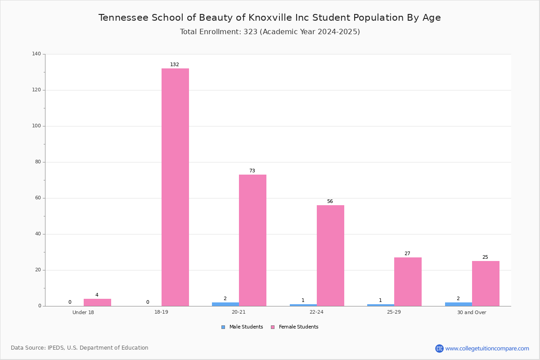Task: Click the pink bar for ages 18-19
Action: coord(175,187)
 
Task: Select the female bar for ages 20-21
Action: coord(252,240)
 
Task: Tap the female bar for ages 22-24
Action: coord(330,256)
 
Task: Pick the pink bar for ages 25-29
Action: coord(408,282)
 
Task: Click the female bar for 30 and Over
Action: coord(486,283)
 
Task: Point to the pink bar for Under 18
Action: coord(97,302)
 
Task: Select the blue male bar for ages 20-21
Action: coord(225,304)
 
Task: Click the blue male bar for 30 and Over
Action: coord(459,304)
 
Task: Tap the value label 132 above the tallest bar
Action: coord(175,64)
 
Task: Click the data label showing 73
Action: coord(252,171)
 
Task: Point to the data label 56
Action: coord(330,201)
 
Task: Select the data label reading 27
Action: coord(407,253)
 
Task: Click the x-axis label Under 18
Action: coord(83,312)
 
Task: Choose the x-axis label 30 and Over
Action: coord(472,312)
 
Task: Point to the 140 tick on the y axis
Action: coord(36,54)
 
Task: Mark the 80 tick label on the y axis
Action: coord(38,162)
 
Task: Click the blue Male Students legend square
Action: coord(223,327)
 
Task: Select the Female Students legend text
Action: coord(298,327)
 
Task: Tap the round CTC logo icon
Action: coord(439,348)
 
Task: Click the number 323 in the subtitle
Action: coord(251,31)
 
